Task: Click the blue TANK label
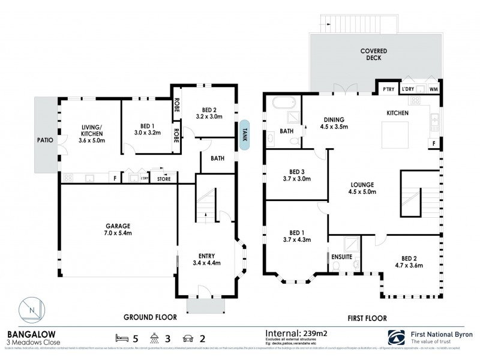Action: point(244,130)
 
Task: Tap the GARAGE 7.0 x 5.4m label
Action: point(119,229)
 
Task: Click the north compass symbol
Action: point(32,311)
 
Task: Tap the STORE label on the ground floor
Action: point(163,179)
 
